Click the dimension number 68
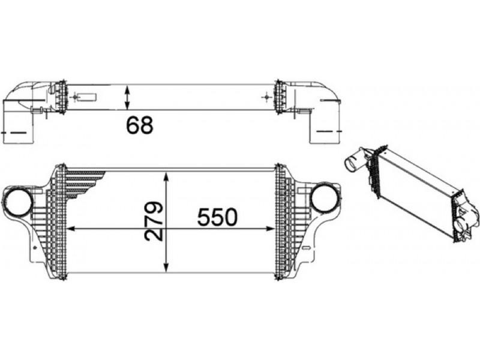pos(140,125)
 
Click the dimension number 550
pos(217,217)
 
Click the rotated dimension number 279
pos(154,221)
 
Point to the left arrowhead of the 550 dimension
pos(71,229)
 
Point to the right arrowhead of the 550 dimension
pos(269,229)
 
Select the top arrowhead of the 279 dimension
pos(166,176)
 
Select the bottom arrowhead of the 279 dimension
pos(166,268)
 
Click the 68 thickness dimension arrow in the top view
pos(128,97)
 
